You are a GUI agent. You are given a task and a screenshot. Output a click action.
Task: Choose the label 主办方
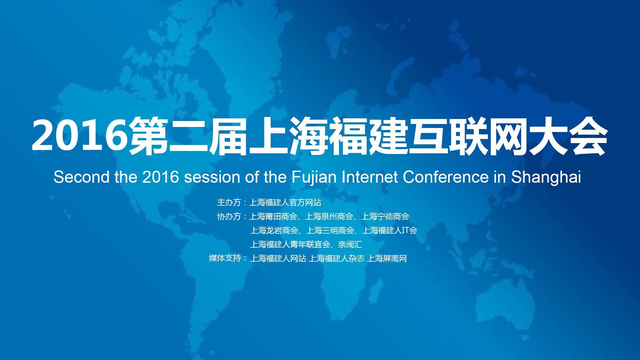pos(229,202)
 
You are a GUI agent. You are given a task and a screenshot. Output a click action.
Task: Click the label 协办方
pos(229,216)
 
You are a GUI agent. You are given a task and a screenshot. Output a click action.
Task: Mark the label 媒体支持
pos(225,258)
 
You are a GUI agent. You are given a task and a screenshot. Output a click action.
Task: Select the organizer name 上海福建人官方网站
pos(285,202)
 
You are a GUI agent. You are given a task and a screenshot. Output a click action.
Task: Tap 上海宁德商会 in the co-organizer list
pos(385,216)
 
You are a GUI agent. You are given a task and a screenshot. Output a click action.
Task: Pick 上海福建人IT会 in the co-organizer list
pos(390,230)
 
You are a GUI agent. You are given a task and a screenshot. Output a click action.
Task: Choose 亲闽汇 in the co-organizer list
pos(350,244)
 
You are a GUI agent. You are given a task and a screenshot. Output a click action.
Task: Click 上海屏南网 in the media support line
pos(387,258)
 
